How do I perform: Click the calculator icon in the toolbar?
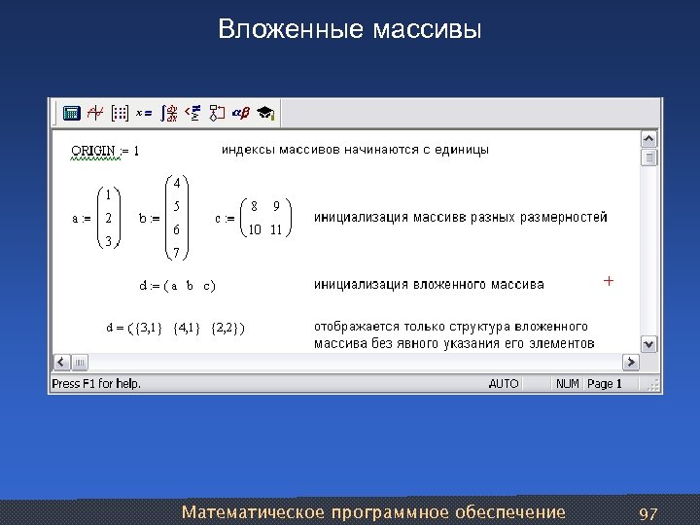(71, 113)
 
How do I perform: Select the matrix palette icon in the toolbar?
(121, 113)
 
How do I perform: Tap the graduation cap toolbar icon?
(264, 113)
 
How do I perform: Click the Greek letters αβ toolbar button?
(239, 113)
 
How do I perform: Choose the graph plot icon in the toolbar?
(95, 113)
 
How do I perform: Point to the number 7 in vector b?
(176, 254)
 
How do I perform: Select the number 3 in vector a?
(109, 240)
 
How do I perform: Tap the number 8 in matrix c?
(255, 206)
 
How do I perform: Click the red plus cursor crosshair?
(609, 280)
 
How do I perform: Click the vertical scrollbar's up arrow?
(649, 138)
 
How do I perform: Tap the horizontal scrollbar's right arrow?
(630, 362)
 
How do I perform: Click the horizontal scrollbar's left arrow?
(58, 362)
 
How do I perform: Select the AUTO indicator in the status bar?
(504, 384)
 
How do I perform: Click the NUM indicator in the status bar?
(567, 384)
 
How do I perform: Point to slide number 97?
(647, 512)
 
